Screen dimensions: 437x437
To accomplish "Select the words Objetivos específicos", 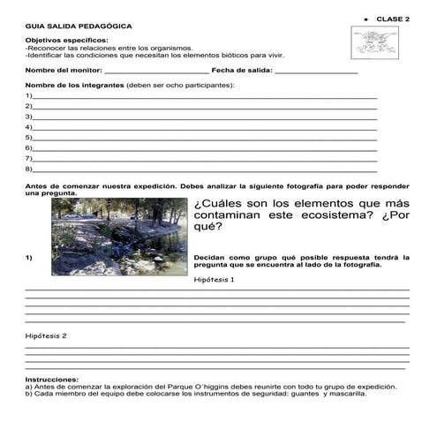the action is click(x=66, y=41).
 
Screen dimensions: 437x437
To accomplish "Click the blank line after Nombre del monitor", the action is click(x=156, y=70).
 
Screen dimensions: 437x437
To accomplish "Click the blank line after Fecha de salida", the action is click(x=315, y=70).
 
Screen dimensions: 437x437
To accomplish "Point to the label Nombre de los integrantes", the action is click(x=75, y=85).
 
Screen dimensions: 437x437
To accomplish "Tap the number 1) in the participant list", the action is click(x=29, y=95).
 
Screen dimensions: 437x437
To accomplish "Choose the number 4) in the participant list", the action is click(x=29, y=127).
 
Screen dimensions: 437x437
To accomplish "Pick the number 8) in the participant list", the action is click(x=29, y=169).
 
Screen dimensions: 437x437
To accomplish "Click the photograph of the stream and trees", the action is click(x=118, y=236).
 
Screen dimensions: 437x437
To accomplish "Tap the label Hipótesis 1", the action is click(x=214, y=280).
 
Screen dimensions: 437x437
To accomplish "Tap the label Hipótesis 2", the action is click(x=46, y=336).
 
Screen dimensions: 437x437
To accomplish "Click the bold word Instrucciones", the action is click(x=52, y=380).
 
